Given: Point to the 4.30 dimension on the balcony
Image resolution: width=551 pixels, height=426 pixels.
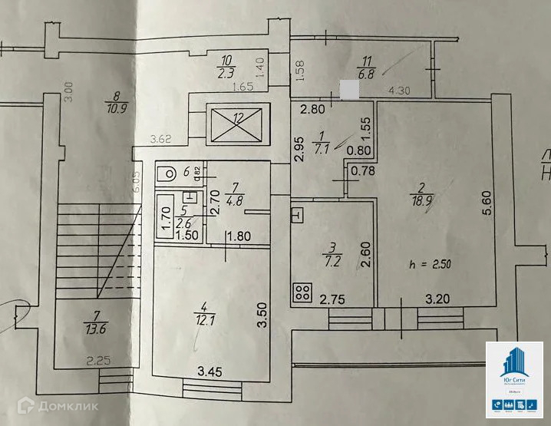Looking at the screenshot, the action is point(399,90).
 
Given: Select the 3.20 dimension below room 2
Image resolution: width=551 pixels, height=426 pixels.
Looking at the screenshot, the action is point(438,295).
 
